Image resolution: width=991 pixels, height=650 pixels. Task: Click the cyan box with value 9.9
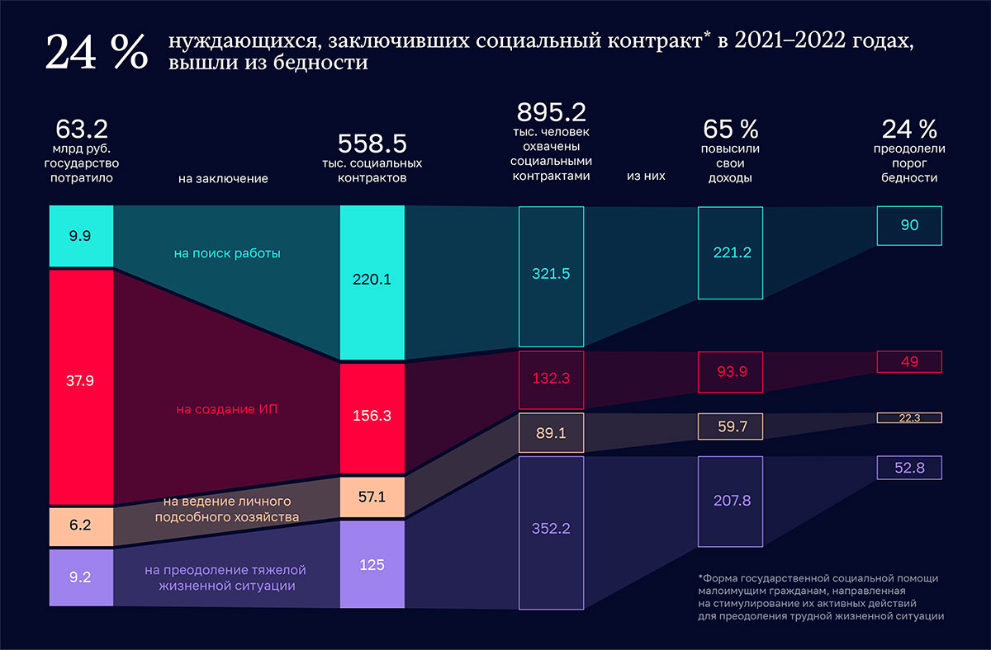(81, 236)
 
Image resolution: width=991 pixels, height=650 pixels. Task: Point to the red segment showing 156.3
(372, 417)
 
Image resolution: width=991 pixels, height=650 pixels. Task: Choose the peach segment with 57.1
(372, 497)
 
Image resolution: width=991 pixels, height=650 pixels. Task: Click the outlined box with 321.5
(551, 276)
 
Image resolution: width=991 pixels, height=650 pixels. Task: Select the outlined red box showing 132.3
(551, 379)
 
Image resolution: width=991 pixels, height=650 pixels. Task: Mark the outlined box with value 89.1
(551, 433)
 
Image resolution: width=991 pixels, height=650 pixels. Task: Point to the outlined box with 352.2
(551, 533)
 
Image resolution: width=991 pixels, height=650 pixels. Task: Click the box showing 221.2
(731, 252)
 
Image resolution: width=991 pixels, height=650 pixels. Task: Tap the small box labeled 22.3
(909, 418)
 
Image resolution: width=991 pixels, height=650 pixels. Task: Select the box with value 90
(909, 225)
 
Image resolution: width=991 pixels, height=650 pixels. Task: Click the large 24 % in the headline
(96, 54)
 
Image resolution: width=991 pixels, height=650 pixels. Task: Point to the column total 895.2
(551, 112)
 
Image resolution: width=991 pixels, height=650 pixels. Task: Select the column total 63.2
(81, 130)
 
